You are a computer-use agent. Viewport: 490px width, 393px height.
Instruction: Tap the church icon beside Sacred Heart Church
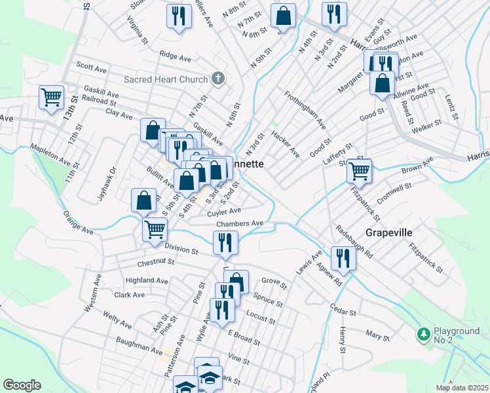pyautogui.click(x=219, y=79)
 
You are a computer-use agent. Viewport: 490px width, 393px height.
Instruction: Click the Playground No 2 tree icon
pyautogui.click(x=423, y=334)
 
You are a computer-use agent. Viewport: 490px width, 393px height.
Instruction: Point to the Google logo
pyautogui.click(x=22, y=384)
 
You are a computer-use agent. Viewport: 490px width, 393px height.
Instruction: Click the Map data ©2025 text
pyautogui.click(x=461, y=387)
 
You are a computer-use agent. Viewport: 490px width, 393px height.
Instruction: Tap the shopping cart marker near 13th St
pyautogui.click(x=51, y=98)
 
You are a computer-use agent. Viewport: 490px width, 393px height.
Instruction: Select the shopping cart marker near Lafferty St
pyautogui.click(x=359, y=170)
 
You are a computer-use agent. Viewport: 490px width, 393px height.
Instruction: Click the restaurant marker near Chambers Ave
pyautogui.click(x=225, y=242)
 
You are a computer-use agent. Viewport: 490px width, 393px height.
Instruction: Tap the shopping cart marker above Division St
pyautogui.click(x=155, y=229)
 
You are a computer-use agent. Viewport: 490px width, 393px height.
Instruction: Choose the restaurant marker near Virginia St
pyautogui.click(x=178, y=15)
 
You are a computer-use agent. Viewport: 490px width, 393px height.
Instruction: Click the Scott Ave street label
pyautogui.click(x=91, y=67)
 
